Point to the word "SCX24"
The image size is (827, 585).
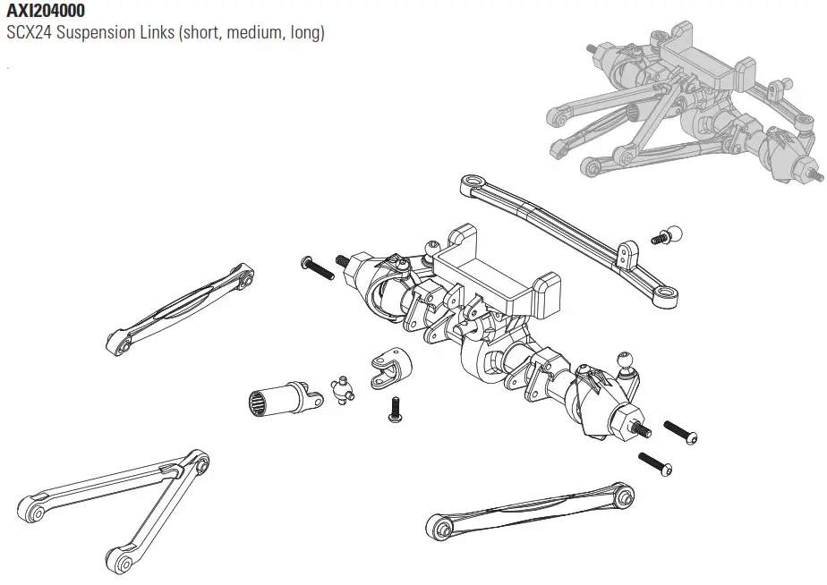pos(29,34)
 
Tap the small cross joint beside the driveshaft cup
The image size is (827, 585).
pos(339,390)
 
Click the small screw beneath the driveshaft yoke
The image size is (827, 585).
pos(394,409)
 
